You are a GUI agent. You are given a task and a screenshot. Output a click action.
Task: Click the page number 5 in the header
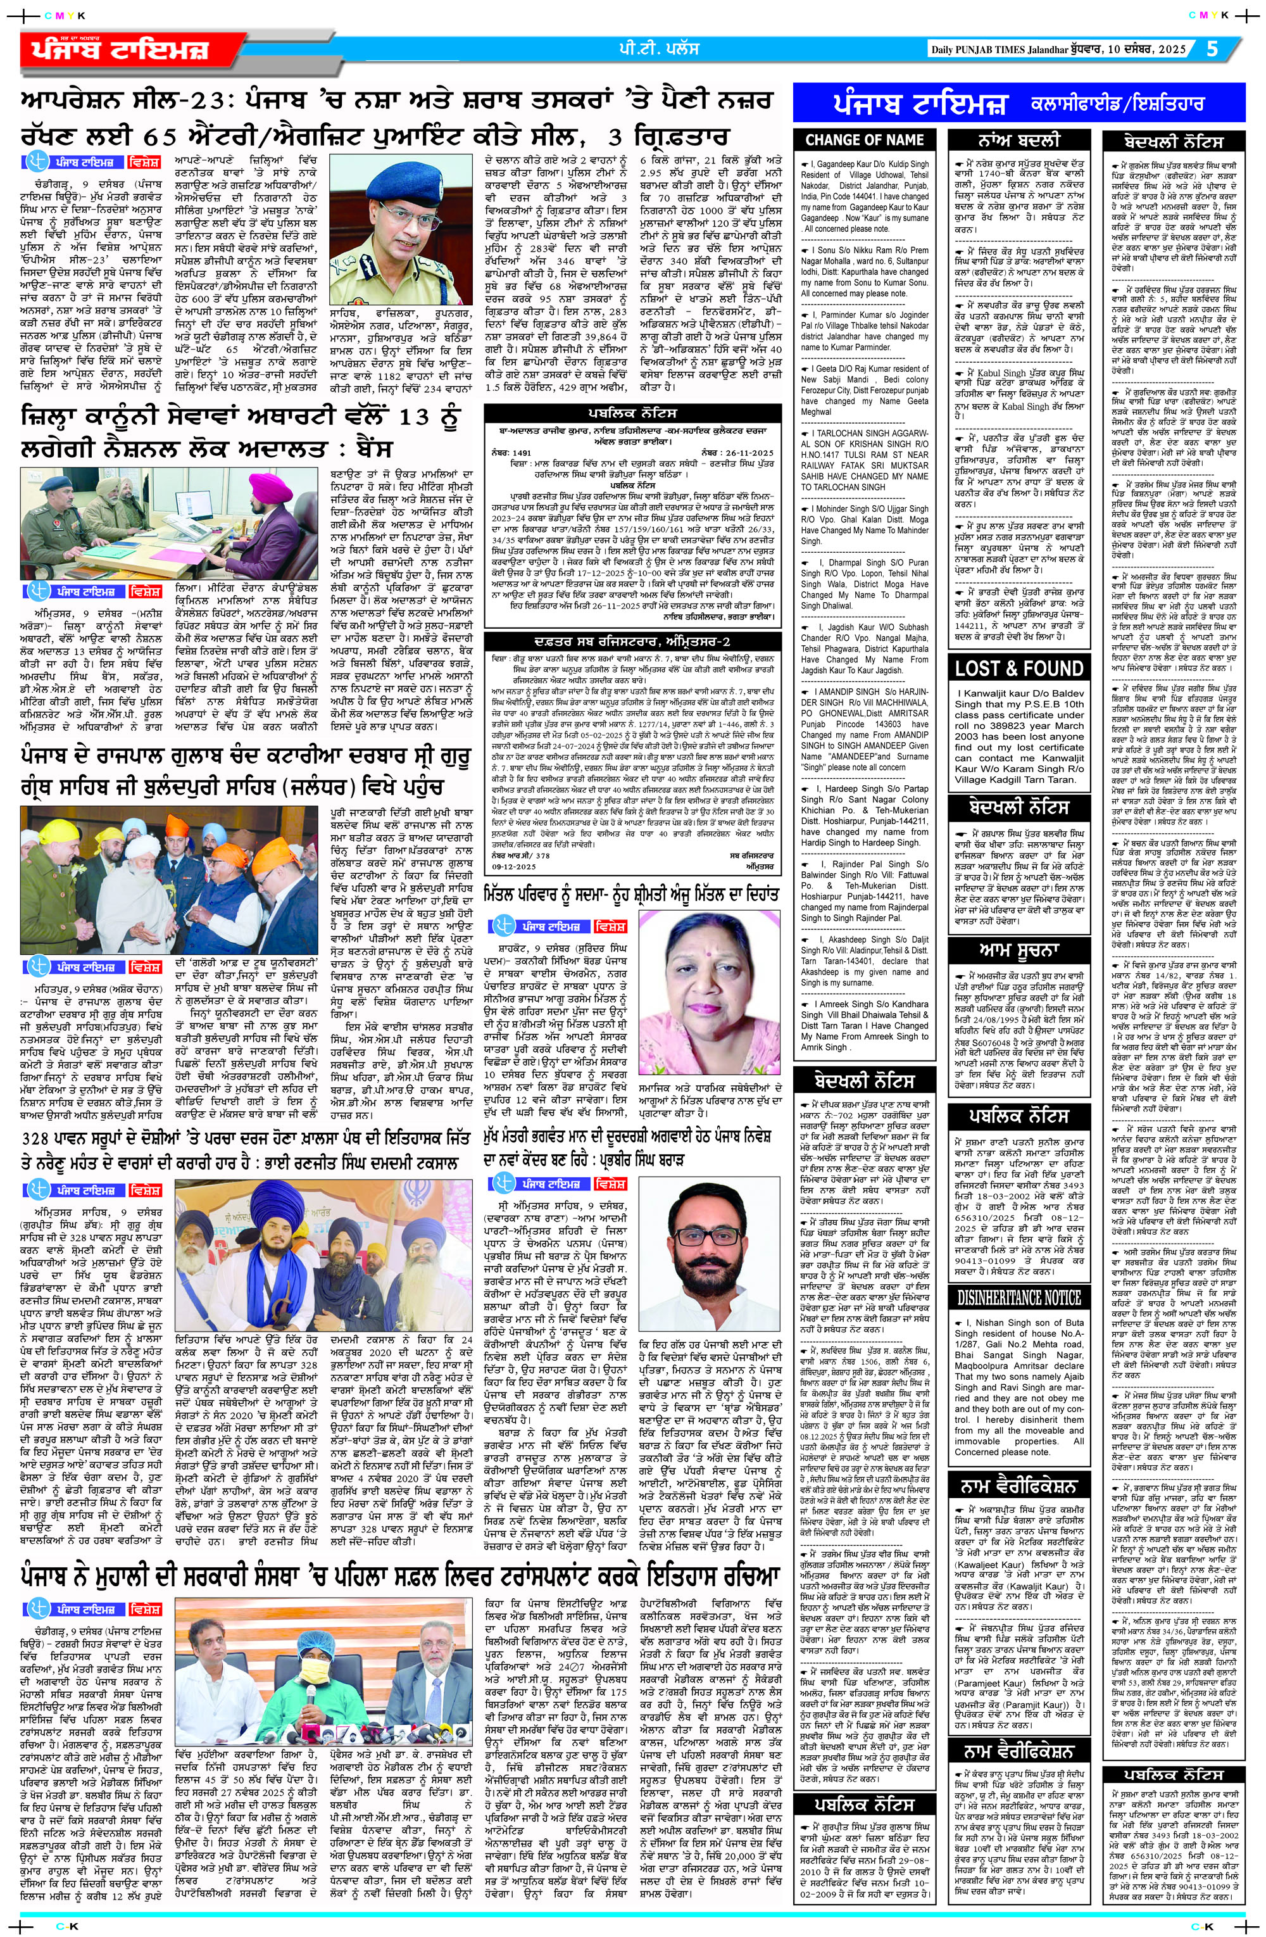1212,49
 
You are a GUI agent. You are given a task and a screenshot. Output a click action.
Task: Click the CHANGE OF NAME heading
864,139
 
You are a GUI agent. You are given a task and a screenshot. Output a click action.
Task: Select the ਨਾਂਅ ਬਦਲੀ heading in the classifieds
1018,139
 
